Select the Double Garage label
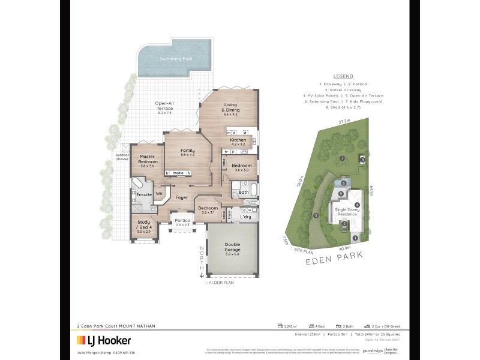point(232,247)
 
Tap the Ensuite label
point(144,194)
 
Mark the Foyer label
point(182,197)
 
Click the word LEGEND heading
point(343,76)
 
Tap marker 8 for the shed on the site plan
point(362,159)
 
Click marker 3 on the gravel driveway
point(316,216)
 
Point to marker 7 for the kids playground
point(341,158)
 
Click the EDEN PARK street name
point(340,261)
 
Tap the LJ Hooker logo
point(103,341)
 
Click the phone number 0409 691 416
point(122,352)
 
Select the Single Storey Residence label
point(350,212)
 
